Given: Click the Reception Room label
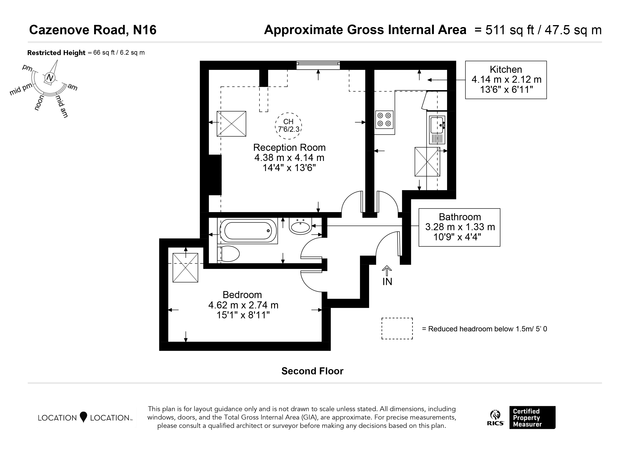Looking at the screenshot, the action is pos(289,147).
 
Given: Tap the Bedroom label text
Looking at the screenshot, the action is pos(242,295).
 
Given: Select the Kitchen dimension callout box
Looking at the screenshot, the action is pos(506,80).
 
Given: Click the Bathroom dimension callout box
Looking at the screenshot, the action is pos(459,227).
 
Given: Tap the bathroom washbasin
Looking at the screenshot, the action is pos(300,226).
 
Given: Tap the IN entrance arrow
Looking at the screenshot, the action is pos(387,271).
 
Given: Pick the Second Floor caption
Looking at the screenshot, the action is pos(312,371).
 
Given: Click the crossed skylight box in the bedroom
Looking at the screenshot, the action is pos(185,268).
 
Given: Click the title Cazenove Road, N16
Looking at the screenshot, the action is pos(93,30).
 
